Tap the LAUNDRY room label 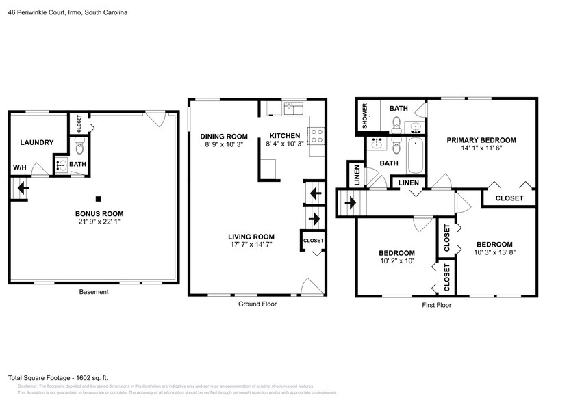pyautogui.click(x=37, y=142)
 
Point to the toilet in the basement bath pyautogui.click(x=78, y=145)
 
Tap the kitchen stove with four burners pyautogui.click(x=316, y=136)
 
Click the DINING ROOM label pyautogui.click(x=224, y=135)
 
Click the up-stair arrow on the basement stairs pyautogui.click(x=21, y=187)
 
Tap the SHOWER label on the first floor pyautogui.click(x=366, y=116)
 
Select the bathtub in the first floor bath pyautogui.click(x=416, y=156)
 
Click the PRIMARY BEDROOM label pyautogui.click(x=481, y=140)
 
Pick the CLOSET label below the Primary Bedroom pyautogui.click(x=509, y=198)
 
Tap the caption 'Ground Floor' pyautogui.click(x=257, y=304)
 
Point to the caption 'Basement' pyautogui.click(x=94, y=292)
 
